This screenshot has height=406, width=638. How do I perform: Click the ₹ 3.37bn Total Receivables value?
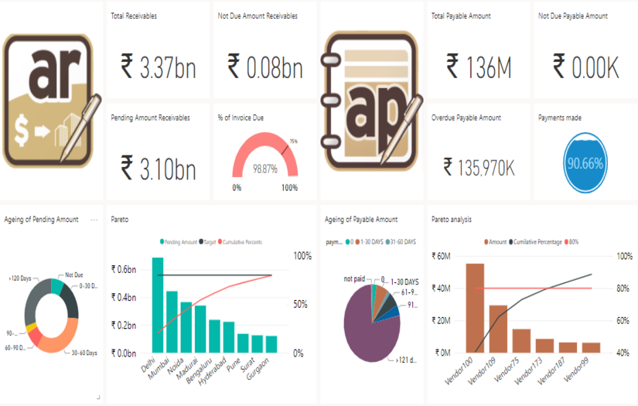click(x=158, y=68)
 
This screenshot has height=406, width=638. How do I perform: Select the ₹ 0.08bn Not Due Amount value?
click(x=264, y=68)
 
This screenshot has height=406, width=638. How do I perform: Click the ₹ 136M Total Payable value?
click(x=479, y=68)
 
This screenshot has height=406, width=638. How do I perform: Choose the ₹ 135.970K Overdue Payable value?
click(x=479, y=165)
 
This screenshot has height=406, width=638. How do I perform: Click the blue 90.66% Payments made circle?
click(x=585, y=164)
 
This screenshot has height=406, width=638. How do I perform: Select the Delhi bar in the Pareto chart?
click(x=157, y=305)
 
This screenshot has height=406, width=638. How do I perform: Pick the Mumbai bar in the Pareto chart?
click(x=172, y=322)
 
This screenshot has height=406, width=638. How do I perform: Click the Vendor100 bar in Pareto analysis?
click(x=474, y=308)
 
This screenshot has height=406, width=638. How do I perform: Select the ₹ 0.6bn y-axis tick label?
click(x=125, y=269)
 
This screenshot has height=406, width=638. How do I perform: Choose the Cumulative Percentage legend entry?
click(x=542, y=241)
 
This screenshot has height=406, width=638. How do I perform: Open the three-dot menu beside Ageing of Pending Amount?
click(x=94, y=220)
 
